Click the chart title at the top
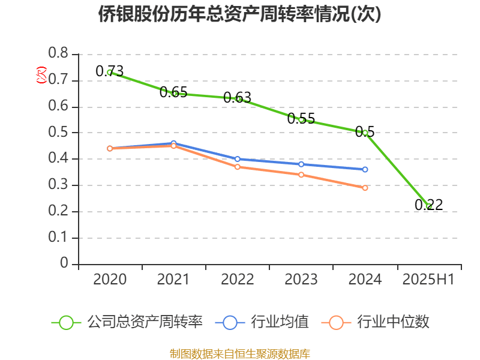click(x=240, y=14)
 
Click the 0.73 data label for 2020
click(x=110, y=71)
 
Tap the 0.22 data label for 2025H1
click(x=428, y=205)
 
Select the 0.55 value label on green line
click(x=301, y=118)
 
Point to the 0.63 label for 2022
click(x=237, y=97)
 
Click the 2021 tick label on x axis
click(x=173, y=279)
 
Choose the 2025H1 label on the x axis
click(x=428, y=279)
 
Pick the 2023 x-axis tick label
click(x=301, y=279)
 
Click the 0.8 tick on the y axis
click(x=59, y=55)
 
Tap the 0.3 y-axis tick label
click(x=59, y=186)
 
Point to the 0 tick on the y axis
click(x=65, y=265)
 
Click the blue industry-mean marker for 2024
click(x=365, y=169)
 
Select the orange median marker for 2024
click(x=365, y=188)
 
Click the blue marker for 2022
click(x=238, y=159)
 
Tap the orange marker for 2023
click(x=301, y=175)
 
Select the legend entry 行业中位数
click(x=378, y=322)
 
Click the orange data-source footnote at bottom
click(x=240, y=353)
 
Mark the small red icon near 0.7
click(x=41, y=75)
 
